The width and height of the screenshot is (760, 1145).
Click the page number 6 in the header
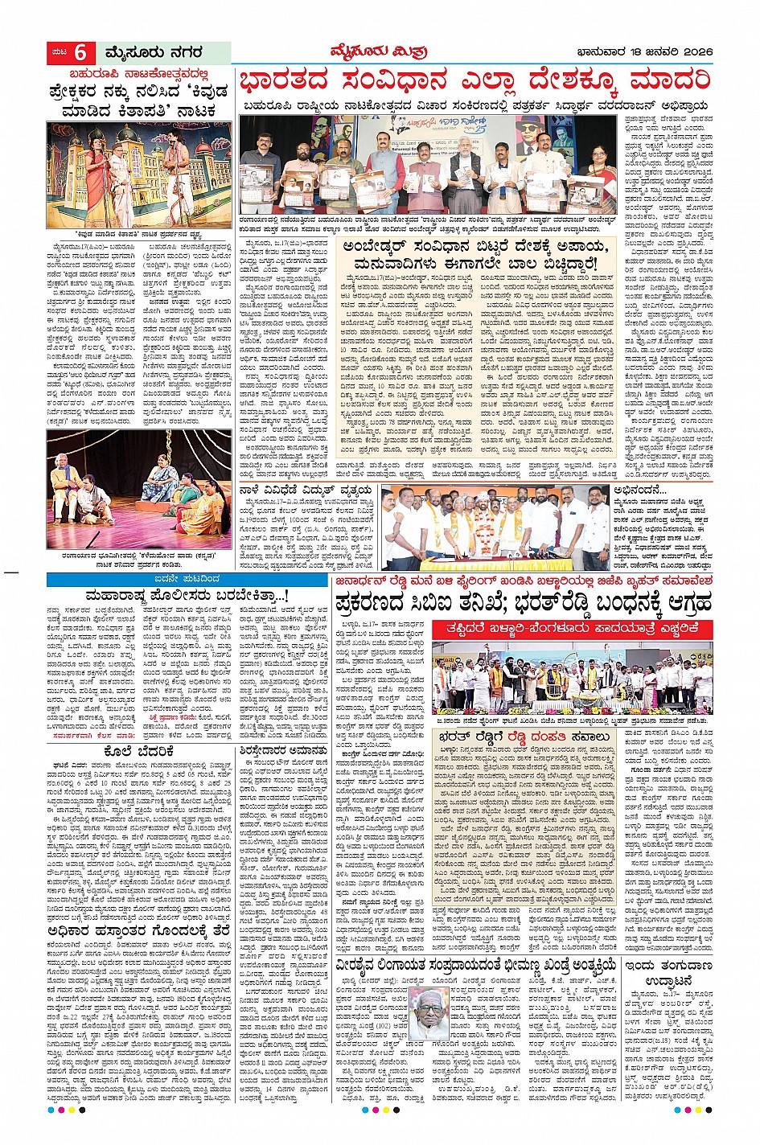point(80,53)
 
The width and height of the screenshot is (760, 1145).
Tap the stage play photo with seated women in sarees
point(140,488)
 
